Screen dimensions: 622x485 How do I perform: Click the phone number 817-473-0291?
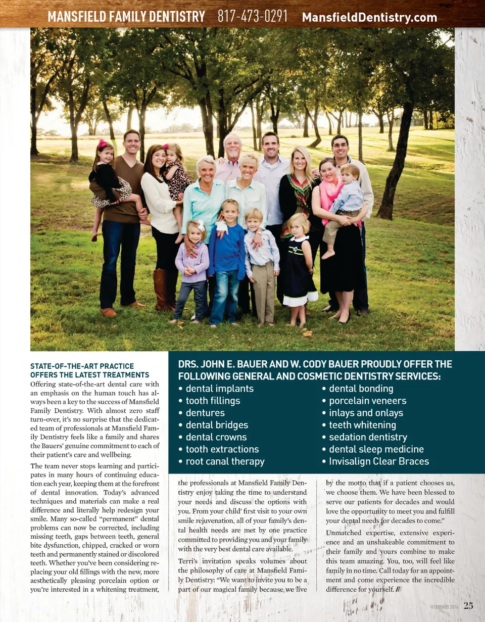point(253,17)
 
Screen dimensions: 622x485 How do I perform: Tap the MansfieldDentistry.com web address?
point(369,18)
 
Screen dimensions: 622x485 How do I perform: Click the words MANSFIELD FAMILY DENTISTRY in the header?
point(126,17)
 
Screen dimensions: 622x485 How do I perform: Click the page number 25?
point(468,606)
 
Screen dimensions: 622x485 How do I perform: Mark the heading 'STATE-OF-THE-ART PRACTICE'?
point(82,366)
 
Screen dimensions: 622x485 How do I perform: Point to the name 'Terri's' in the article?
point(190,561)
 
